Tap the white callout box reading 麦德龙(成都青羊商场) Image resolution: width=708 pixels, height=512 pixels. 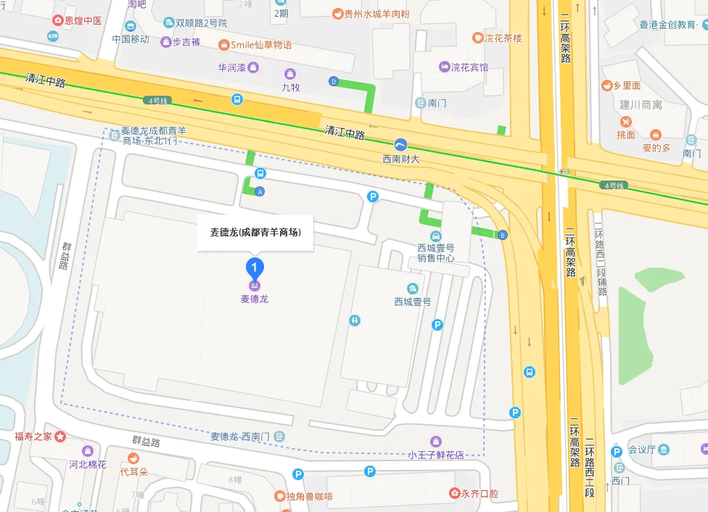[x=255, y=233]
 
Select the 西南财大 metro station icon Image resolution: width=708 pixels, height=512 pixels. [x=401, y=144]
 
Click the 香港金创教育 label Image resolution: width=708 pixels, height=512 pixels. [x=668, y=25]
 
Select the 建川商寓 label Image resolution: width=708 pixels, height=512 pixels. [x=641, y=105]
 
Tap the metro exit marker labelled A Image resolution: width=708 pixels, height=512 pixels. [x=260, y=191]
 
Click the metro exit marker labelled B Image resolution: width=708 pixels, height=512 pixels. [x=502, y=235]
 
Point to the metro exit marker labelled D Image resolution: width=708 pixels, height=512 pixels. [x=334, y=81]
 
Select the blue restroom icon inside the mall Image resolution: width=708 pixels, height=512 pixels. [x=354, y=320]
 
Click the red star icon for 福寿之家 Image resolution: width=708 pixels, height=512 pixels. [x=61, y=437]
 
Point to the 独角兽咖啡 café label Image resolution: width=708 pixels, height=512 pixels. [x=308, y=496]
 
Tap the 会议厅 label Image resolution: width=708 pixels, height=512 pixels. [x=641, y=450]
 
